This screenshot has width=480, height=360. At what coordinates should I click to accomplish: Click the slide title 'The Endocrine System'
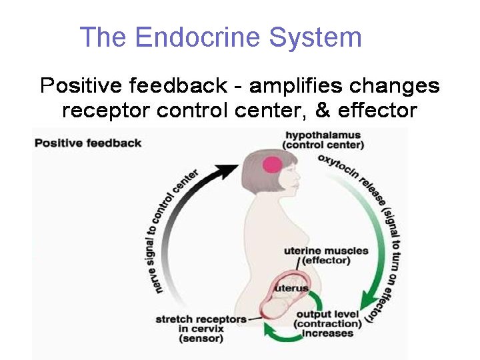220,37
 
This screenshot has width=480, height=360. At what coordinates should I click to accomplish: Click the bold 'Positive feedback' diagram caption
88,143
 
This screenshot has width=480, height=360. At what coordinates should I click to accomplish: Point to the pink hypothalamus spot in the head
272,165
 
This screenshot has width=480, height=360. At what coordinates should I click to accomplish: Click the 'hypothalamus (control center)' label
323,139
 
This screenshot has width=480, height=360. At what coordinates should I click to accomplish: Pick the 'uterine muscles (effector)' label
326,255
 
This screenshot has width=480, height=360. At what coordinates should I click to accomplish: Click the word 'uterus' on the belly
292,288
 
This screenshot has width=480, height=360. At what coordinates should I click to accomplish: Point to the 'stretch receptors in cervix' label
200,323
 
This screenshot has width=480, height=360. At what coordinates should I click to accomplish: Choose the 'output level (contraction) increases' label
327,323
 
